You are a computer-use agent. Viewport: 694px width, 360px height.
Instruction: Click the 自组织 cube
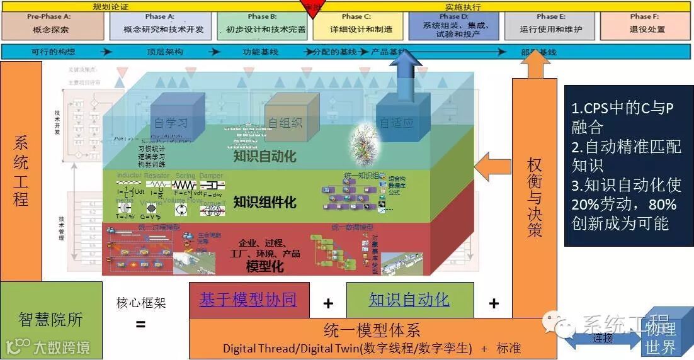tap(284, 119)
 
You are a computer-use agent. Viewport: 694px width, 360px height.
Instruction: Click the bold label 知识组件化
tap(265, 202)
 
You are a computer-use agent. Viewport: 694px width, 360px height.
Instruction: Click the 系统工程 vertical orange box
tap(21, 171)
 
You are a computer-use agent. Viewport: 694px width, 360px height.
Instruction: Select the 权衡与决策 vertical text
tap(535, 196)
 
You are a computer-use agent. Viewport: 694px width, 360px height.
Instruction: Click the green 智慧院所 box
tap(50, 319)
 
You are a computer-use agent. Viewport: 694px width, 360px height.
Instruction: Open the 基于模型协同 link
tap(248, 300)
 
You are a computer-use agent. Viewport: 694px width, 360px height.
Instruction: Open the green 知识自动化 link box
tap(409, 300)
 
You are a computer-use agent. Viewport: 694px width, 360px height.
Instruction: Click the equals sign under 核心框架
tap(140, 325)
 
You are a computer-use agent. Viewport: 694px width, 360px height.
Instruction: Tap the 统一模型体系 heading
tap(372, 330)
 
